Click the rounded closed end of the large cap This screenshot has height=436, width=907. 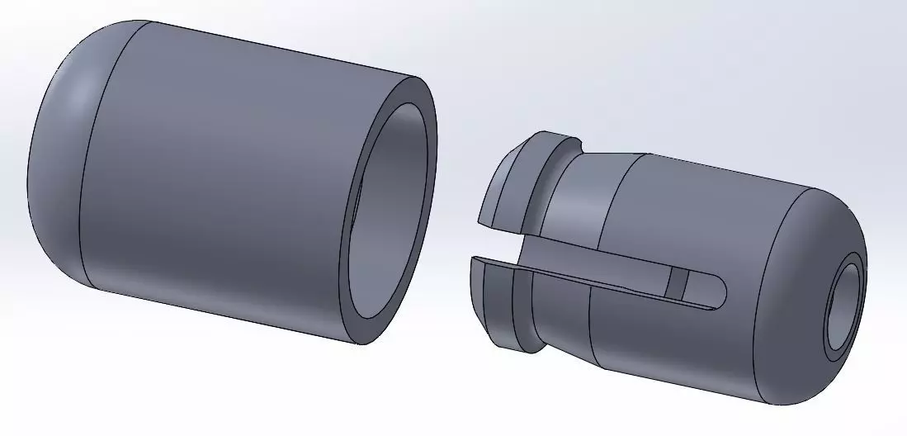click(x=58, y=157)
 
